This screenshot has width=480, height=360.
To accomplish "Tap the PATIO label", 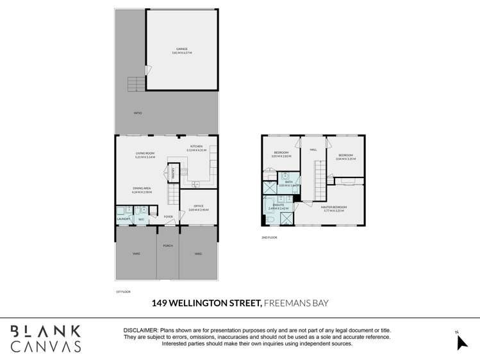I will tap(137, 113).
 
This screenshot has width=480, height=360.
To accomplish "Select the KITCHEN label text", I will tap(195, 147).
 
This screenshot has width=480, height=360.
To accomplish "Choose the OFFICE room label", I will tap(198, 206).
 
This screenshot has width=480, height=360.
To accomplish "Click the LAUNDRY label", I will tap(124, 219).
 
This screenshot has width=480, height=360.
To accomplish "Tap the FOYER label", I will tap(169, 217).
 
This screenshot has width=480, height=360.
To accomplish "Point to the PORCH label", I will tap(168, 245).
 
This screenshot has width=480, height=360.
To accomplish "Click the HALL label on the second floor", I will tap(313, 150).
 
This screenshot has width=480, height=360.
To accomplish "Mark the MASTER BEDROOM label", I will tap(335, 207).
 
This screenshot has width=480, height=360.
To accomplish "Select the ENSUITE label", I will tap(276, 205).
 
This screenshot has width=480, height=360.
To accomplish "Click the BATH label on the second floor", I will tap(288, 182).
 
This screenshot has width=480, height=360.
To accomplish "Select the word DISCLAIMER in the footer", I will tap(141, 330).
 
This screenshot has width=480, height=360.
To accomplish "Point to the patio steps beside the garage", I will tap(137, 84).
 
